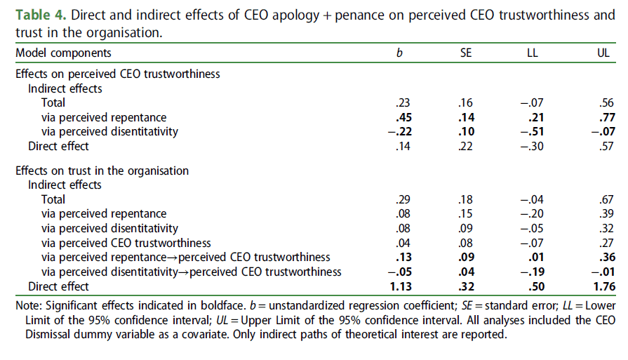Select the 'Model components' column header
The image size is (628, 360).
click(x=63, y=53)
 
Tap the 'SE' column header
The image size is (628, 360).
click(x=466, y=53)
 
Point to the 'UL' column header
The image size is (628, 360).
click(x=603, y=53)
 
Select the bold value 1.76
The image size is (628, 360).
click(x=601, y=286)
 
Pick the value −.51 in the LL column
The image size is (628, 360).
click(x=533, y=131)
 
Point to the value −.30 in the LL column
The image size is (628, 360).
click(x=533, y=146)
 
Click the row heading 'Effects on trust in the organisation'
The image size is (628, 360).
click(x=102, y=171)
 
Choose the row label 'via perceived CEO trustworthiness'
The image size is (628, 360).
click(x=126, y=244)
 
